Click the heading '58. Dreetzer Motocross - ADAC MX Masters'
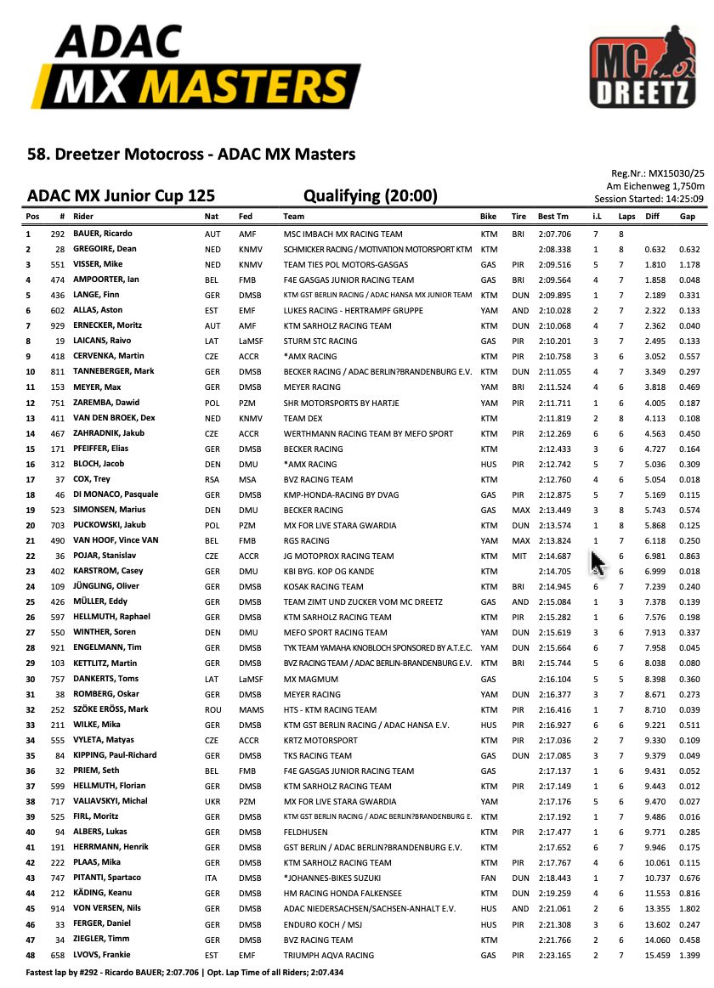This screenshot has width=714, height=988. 191,155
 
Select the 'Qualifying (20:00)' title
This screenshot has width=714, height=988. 370,197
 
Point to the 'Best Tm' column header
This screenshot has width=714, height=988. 553,217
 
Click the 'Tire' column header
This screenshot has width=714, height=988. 518,217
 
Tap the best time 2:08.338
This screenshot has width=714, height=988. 554,249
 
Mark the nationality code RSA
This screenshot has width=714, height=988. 212,479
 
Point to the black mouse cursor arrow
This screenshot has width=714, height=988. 598,562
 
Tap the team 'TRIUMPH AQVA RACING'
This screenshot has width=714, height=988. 328,955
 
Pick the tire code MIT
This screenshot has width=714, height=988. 519,556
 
